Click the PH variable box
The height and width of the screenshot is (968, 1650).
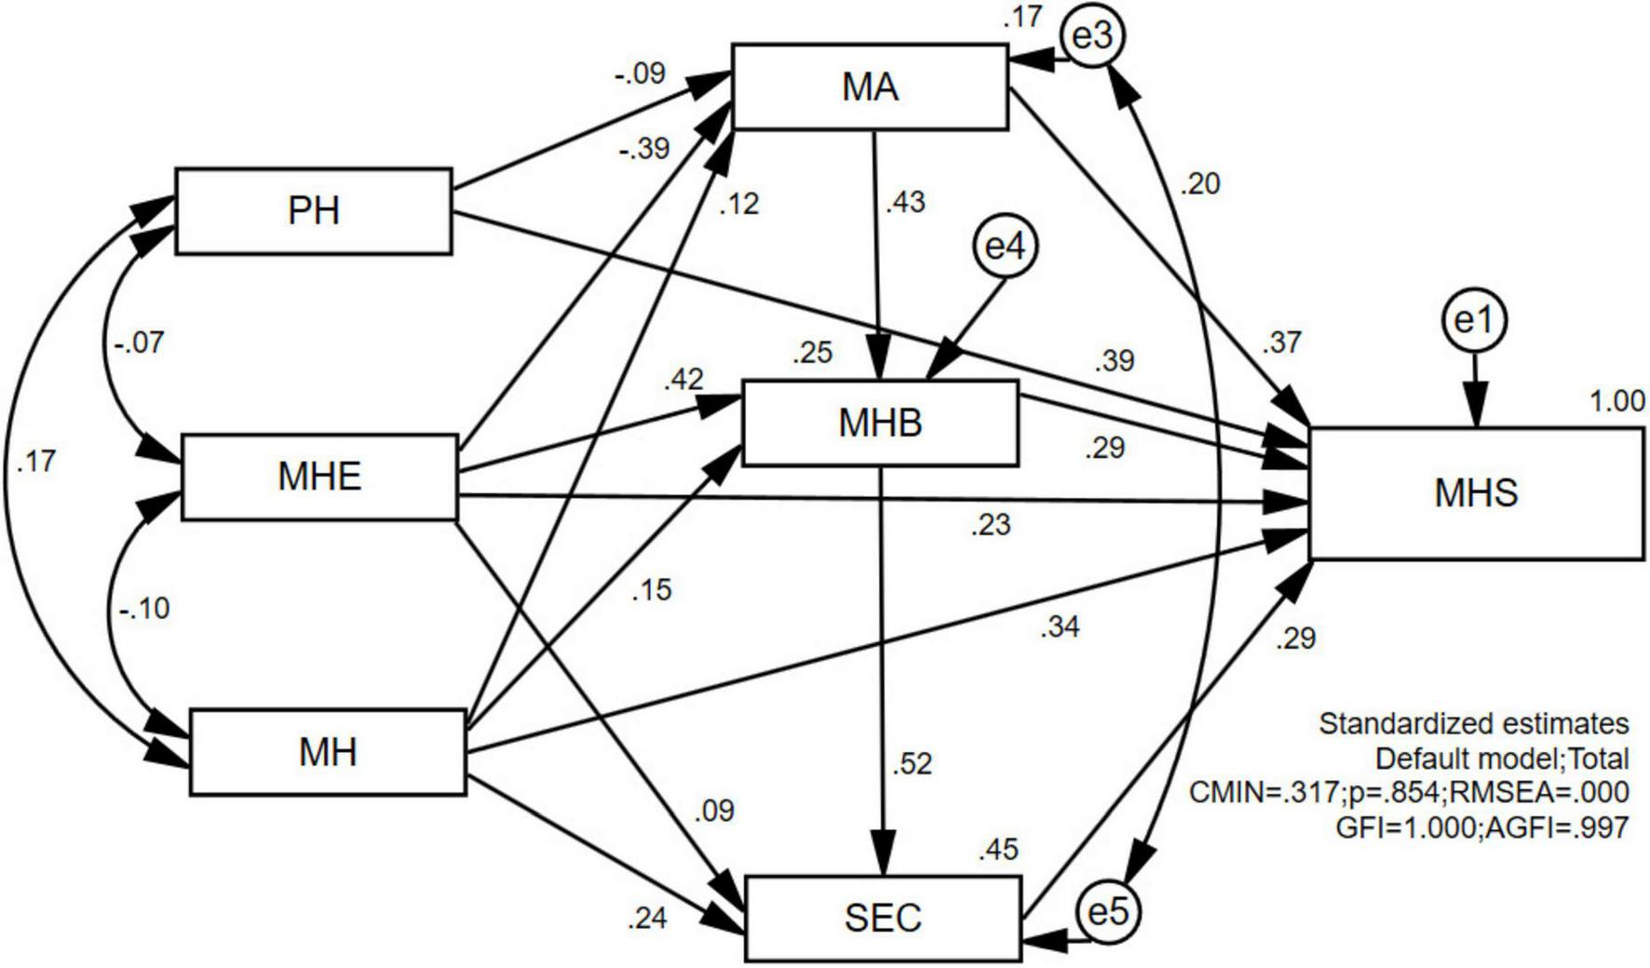(314, 211)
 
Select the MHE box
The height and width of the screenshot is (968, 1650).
(319, 477)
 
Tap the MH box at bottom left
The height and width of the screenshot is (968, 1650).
(328, 752)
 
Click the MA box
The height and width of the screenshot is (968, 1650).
(870, 87)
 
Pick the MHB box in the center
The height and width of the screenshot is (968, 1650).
(880, 423)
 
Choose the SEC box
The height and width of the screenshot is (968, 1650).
(883, 919)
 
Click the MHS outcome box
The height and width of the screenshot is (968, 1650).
(1476, 493)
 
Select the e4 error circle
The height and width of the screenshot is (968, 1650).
(1005, 248)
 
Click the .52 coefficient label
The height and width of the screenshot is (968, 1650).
(912, 764)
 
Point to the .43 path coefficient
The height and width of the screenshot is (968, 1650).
(905, 202)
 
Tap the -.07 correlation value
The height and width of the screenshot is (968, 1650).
(139, 343)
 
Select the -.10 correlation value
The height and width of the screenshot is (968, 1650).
(144, 609)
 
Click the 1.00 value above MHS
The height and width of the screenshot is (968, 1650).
(1616, 402)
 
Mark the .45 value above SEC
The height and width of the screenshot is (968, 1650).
(998, 849)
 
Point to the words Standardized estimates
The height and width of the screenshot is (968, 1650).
(1473, 724)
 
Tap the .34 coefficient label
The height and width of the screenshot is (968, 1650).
(1060, 627)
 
